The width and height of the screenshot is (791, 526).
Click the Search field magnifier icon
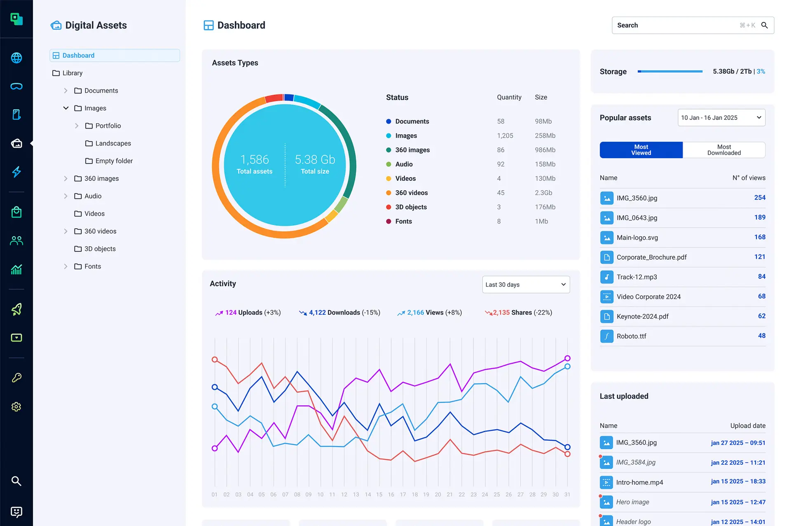(764, 25)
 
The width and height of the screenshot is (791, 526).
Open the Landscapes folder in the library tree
(113, 143)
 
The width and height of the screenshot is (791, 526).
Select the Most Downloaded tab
(724, 150)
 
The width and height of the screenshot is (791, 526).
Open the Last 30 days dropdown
(526, 285)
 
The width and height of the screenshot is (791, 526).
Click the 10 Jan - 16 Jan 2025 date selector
(721, 118)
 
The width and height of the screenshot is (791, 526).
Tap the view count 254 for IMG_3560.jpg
(760, 198)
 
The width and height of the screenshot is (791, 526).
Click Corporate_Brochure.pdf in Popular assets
(651, 257)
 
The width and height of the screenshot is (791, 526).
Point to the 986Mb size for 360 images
(545, 150)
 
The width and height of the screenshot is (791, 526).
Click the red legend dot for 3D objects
(388, 207)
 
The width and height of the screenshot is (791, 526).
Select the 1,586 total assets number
(254, 159)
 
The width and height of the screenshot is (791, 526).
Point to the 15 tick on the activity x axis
(379, 494)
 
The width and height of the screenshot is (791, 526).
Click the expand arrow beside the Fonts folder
(66, 267)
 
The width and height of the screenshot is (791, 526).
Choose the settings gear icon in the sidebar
(16, 407)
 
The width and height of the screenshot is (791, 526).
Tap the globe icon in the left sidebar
(16, 58)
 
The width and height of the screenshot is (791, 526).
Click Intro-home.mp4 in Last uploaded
(639, 482)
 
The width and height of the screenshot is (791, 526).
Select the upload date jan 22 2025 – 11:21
(738, 463)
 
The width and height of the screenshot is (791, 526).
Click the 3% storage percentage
(761, 72)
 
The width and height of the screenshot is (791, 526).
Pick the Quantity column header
(509, 97)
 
